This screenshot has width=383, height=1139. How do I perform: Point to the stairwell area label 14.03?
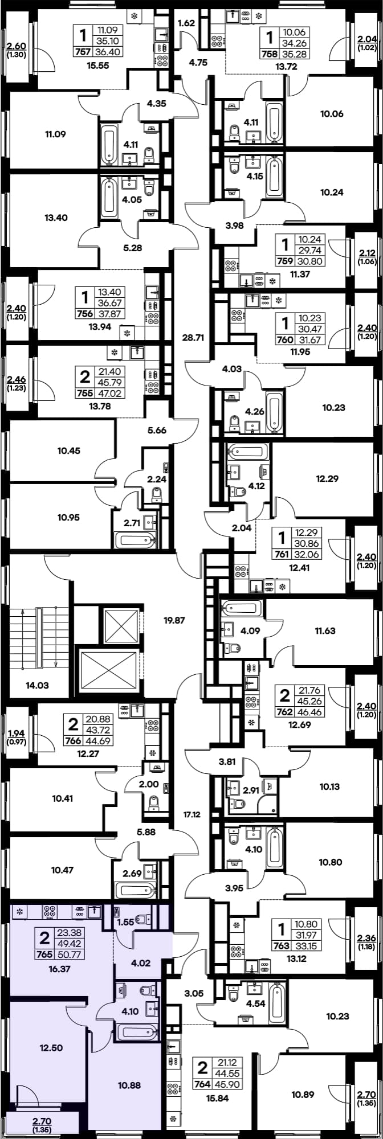[38, 686]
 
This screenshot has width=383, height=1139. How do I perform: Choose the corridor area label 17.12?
[192, 815]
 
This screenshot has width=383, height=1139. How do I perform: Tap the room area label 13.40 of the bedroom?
[56, 217]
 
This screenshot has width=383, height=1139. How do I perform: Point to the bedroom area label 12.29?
[327, 479]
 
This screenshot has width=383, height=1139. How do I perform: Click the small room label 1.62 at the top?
[186, 24]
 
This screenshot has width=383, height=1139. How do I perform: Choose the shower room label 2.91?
[250, 790]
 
